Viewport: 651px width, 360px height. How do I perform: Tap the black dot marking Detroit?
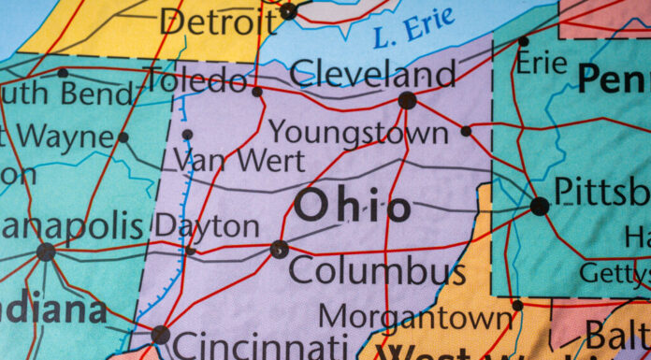288,11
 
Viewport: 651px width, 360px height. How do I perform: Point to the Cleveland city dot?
407,100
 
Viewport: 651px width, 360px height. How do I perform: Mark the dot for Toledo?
257,92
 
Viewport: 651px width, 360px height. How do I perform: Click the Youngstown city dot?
466,131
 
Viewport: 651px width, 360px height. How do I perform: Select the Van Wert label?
239,160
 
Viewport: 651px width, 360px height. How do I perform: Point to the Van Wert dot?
187,135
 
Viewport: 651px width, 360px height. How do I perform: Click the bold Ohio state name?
352,207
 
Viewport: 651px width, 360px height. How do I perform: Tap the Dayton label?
207,225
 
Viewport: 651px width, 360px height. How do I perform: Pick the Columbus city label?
376,272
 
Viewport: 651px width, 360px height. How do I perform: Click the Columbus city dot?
279,249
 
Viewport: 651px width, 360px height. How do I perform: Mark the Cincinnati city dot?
161,334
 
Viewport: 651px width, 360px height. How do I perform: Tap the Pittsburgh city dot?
540,206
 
